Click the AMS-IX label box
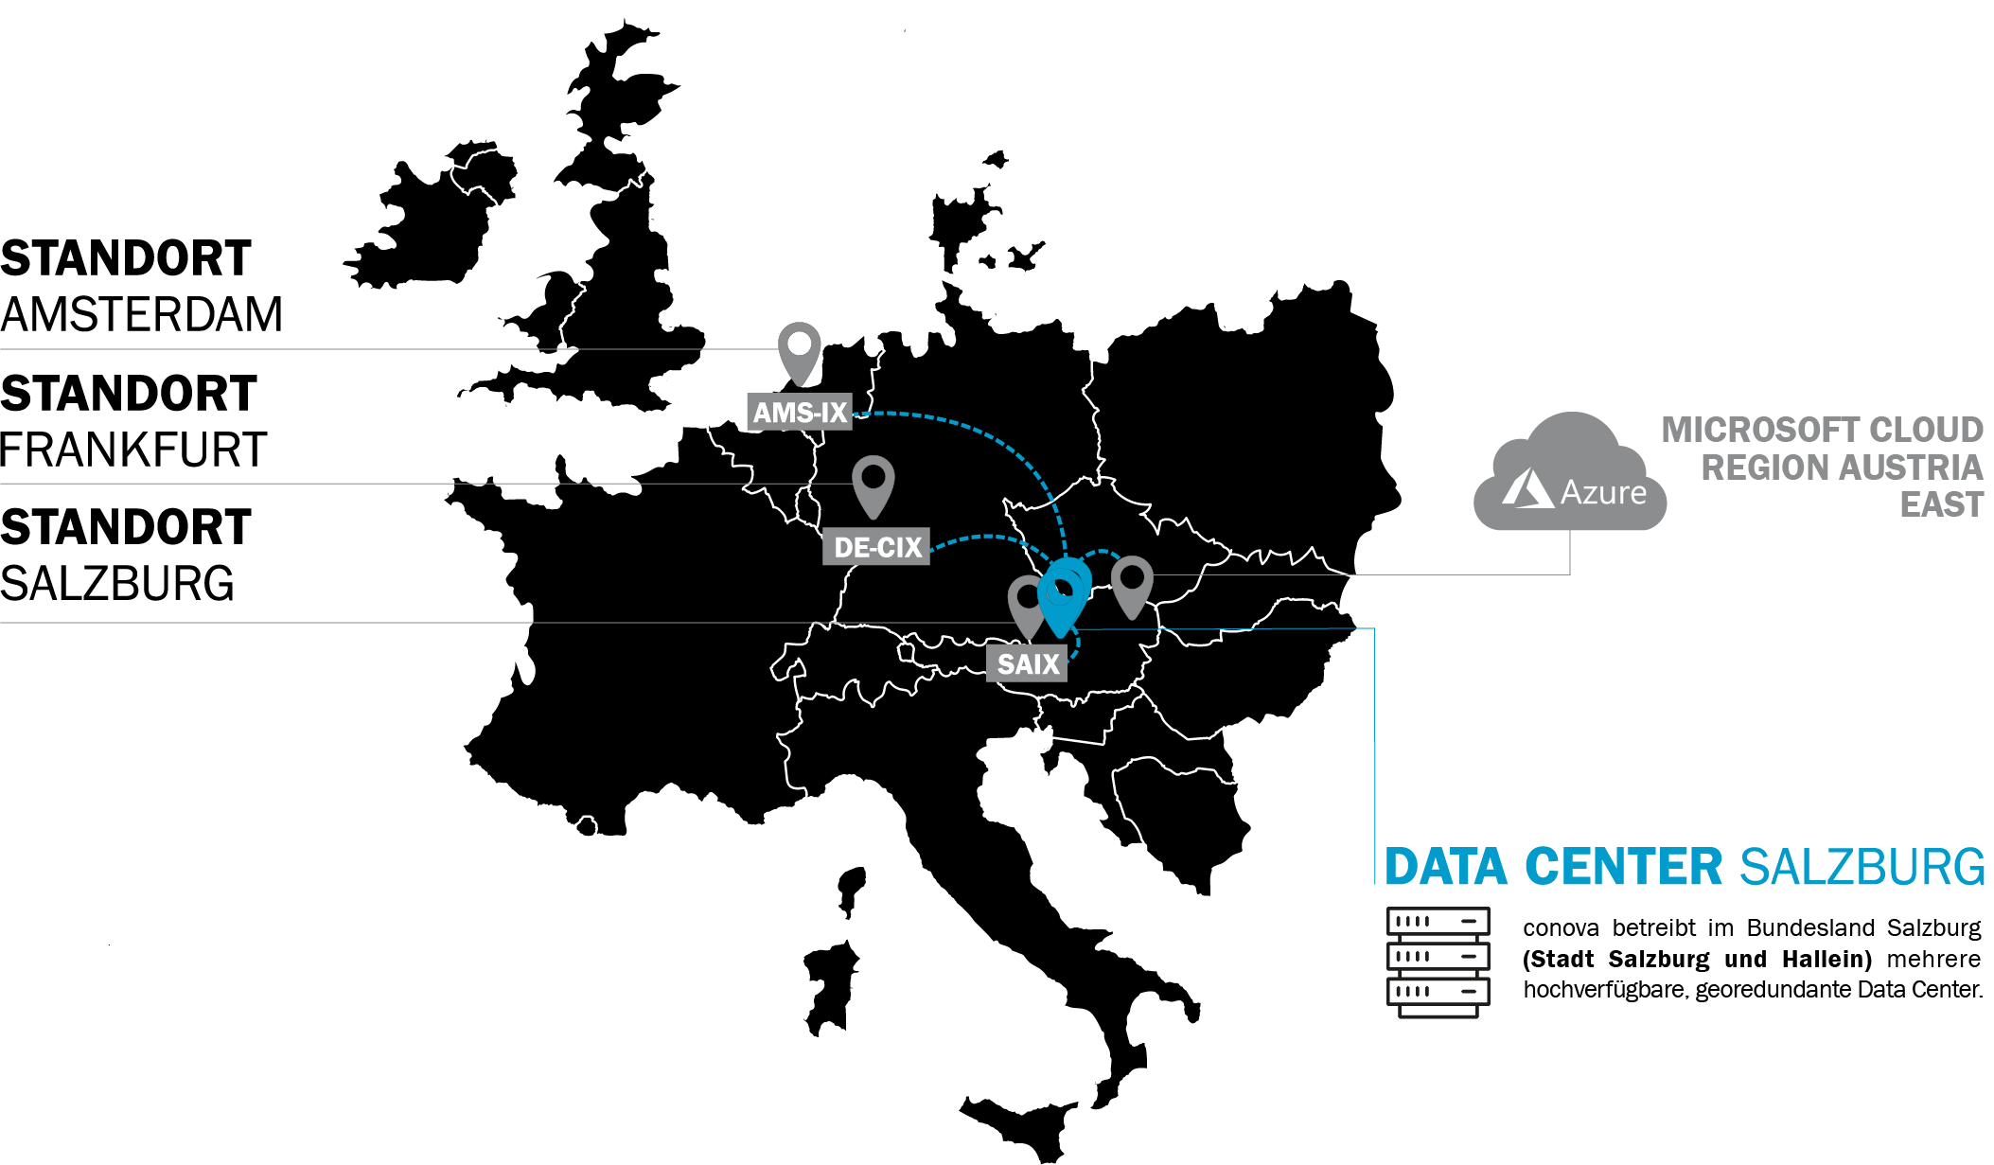tap(800, 413)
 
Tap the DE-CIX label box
tap(876, 547)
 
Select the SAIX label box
tap(1028, 663)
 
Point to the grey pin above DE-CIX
tap(873, 483)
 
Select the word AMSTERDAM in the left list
tap(142, 314)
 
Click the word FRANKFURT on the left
tap(133, 450)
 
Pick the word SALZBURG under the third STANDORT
tap(117, 584)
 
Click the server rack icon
tap(1438, 962)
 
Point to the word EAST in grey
tap(1941, 504)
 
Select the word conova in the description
tap(1561, 928)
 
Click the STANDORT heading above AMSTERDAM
tap(126, 258)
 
